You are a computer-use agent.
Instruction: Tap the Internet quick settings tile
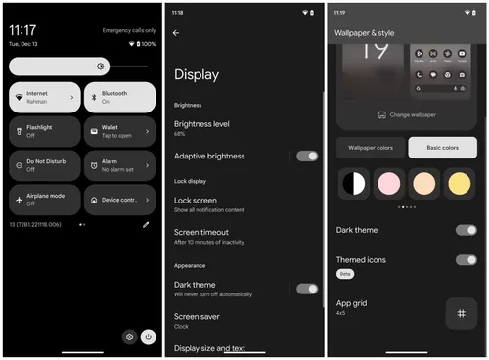tap(43, 98)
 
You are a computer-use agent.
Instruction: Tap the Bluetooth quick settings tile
tap(118, 98)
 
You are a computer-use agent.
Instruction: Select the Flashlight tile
tap(43, 131)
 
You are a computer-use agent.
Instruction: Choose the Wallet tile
tap(118, 131)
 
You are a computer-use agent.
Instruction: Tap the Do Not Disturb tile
tap(43, 165)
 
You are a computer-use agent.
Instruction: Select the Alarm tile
tap(118, 165)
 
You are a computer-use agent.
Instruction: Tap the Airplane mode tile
tap(43, 200)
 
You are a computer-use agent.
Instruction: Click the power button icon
tap(148, 337)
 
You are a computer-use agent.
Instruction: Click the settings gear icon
tap(128, 337)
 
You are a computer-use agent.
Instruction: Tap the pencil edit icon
tap(146, 224)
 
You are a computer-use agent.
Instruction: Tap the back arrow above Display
tap(176, 33)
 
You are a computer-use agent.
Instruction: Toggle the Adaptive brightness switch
tap(307, 156)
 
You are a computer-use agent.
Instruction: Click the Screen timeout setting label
tap(201, 232)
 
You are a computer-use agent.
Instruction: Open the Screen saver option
tap(197, 316)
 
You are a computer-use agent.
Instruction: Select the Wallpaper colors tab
tap(371, 148)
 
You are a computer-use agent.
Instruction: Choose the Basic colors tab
tap(442, 148)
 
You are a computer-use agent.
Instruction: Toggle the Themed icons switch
tap(467, 260)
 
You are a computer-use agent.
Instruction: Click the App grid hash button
tap(461, 313)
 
